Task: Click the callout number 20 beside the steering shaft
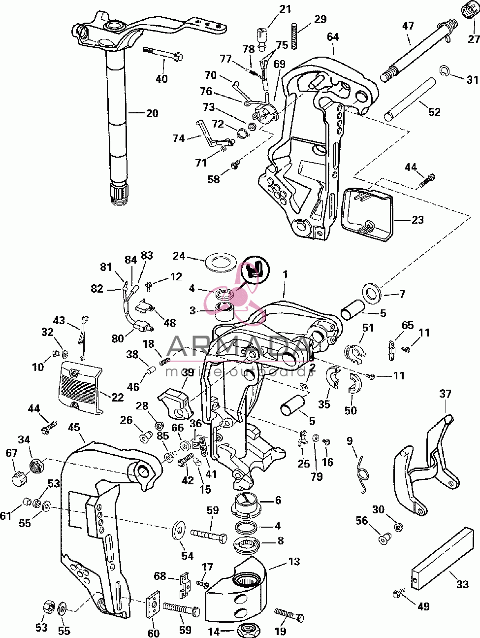(152, 113)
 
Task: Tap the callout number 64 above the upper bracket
(333, 37)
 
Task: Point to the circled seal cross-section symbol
(256, 269)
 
